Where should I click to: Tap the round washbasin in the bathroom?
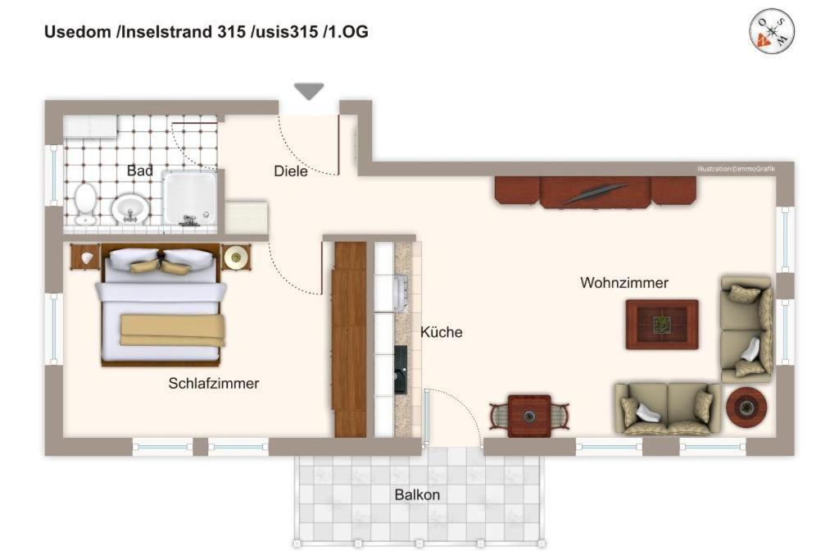(x=130, y=207)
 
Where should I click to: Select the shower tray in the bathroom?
(x=190, y=198)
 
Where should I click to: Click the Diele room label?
(x=291, y=171)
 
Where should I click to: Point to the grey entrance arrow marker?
(x=309, y=91)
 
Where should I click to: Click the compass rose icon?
(x=771, y=30)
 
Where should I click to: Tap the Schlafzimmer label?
(x=214, y=384)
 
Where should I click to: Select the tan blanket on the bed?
(x=172, y=330)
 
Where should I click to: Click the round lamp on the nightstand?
(x=235, y=257)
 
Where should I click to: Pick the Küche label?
(x=442, y=332)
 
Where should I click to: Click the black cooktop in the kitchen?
(x=401, y=370)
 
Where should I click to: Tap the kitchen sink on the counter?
(x=400, y=294)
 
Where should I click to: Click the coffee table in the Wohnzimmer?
(x=662, y=325)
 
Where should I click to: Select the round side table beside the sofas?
(x=746, y=407)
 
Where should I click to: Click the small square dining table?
(x=529, y=416)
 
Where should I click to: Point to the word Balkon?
(x=417, y=494)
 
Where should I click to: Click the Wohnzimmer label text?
(x=624, y=283)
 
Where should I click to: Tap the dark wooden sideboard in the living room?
(x=596, y=192)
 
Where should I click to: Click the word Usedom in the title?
(x=78, y=32)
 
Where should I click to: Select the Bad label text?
(x=139, y=171)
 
